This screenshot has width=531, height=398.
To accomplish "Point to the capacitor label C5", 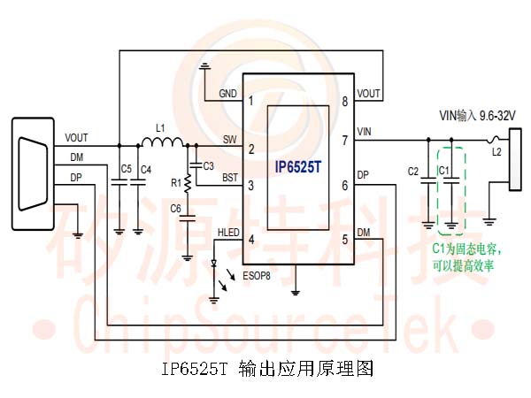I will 125,168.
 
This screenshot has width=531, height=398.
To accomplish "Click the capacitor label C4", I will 146,168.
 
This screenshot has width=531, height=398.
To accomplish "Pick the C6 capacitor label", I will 175,209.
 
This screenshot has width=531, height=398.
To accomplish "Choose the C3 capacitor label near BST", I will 208,165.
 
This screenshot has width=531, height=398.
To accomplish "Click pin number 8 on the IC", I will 345,102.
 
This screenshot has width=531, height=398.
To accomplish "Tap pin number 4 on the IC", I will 251,239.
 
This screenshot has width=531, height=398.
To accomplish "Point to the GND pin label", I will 228,94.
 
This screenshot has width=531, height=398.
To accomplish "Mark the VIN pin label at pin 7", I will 365,132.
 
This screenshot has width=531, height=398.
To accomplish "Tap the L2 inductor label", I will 497,152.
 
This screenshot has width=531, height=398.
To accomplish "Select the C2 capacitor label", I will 412,171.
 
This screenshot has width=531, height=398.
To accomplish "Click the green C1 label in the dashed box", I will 445,169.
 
